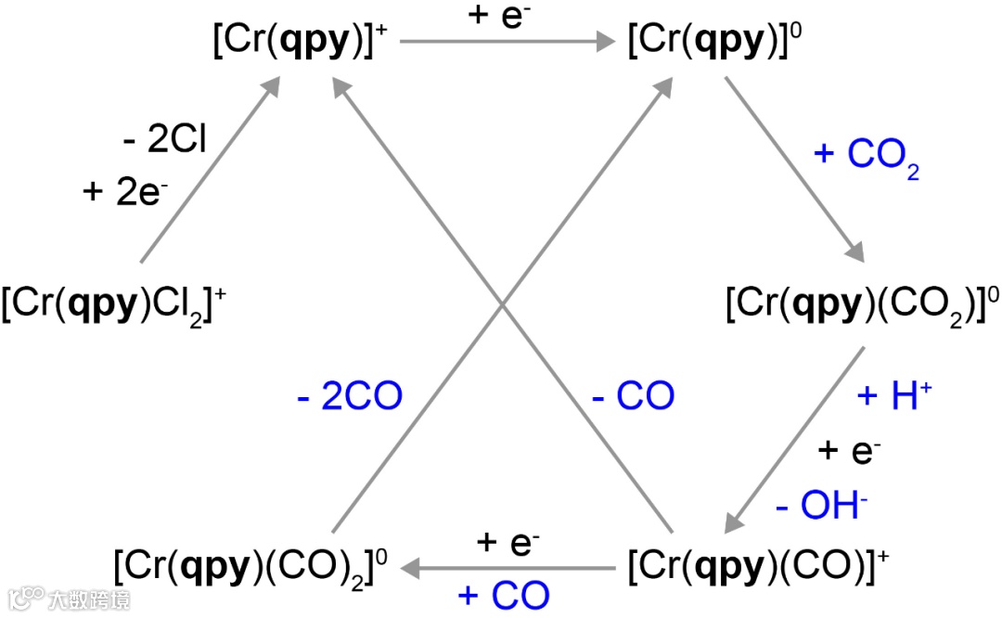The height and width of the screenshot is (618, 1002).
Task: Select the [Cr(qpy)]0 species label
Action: tap(713, 43)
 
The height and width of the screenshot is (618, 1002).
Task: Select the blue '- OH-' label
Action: tap(822, 507)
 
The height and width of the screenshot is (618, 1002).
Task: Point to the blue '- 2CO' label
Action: tap(350, 397)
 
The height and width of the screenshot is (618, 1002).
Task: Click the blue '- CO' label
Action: tap(634, 397)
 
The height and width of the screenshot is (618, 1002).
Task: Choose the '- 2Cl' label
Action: tap(164, 140)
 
